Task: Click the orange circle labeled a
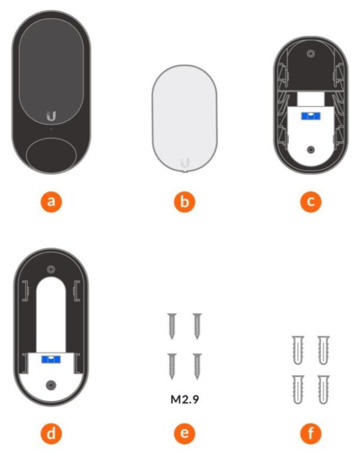pos(52,201)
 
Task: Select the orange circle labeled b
pos(184,201)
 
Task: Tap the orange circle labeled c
pos(310,201)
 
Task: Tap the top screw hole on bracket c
pos(310,55)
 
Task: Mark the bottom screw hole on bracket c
pos(310,149)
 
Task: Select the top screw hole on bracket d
pos(51,269)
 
